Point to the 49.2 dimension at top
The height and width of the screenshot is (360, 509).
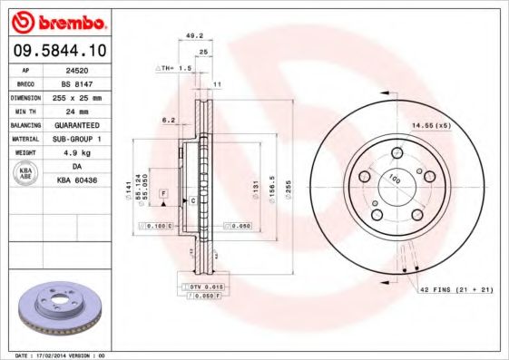192,37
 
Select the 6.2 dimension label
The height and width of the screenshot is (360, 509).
168,120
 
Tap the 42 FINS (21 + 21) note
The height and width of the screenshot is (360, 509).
456,289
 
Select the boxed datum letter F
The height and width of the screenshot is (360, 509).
164,194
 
